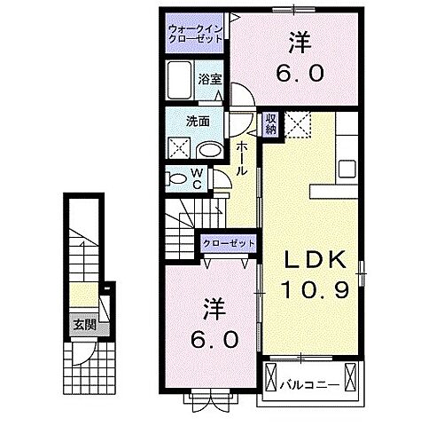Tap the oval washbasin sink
(209, 150)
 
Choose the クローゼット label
(229, 242)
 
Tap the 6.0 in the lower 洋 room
(212, 338)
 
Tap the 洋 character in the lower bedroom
(212, 310)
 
